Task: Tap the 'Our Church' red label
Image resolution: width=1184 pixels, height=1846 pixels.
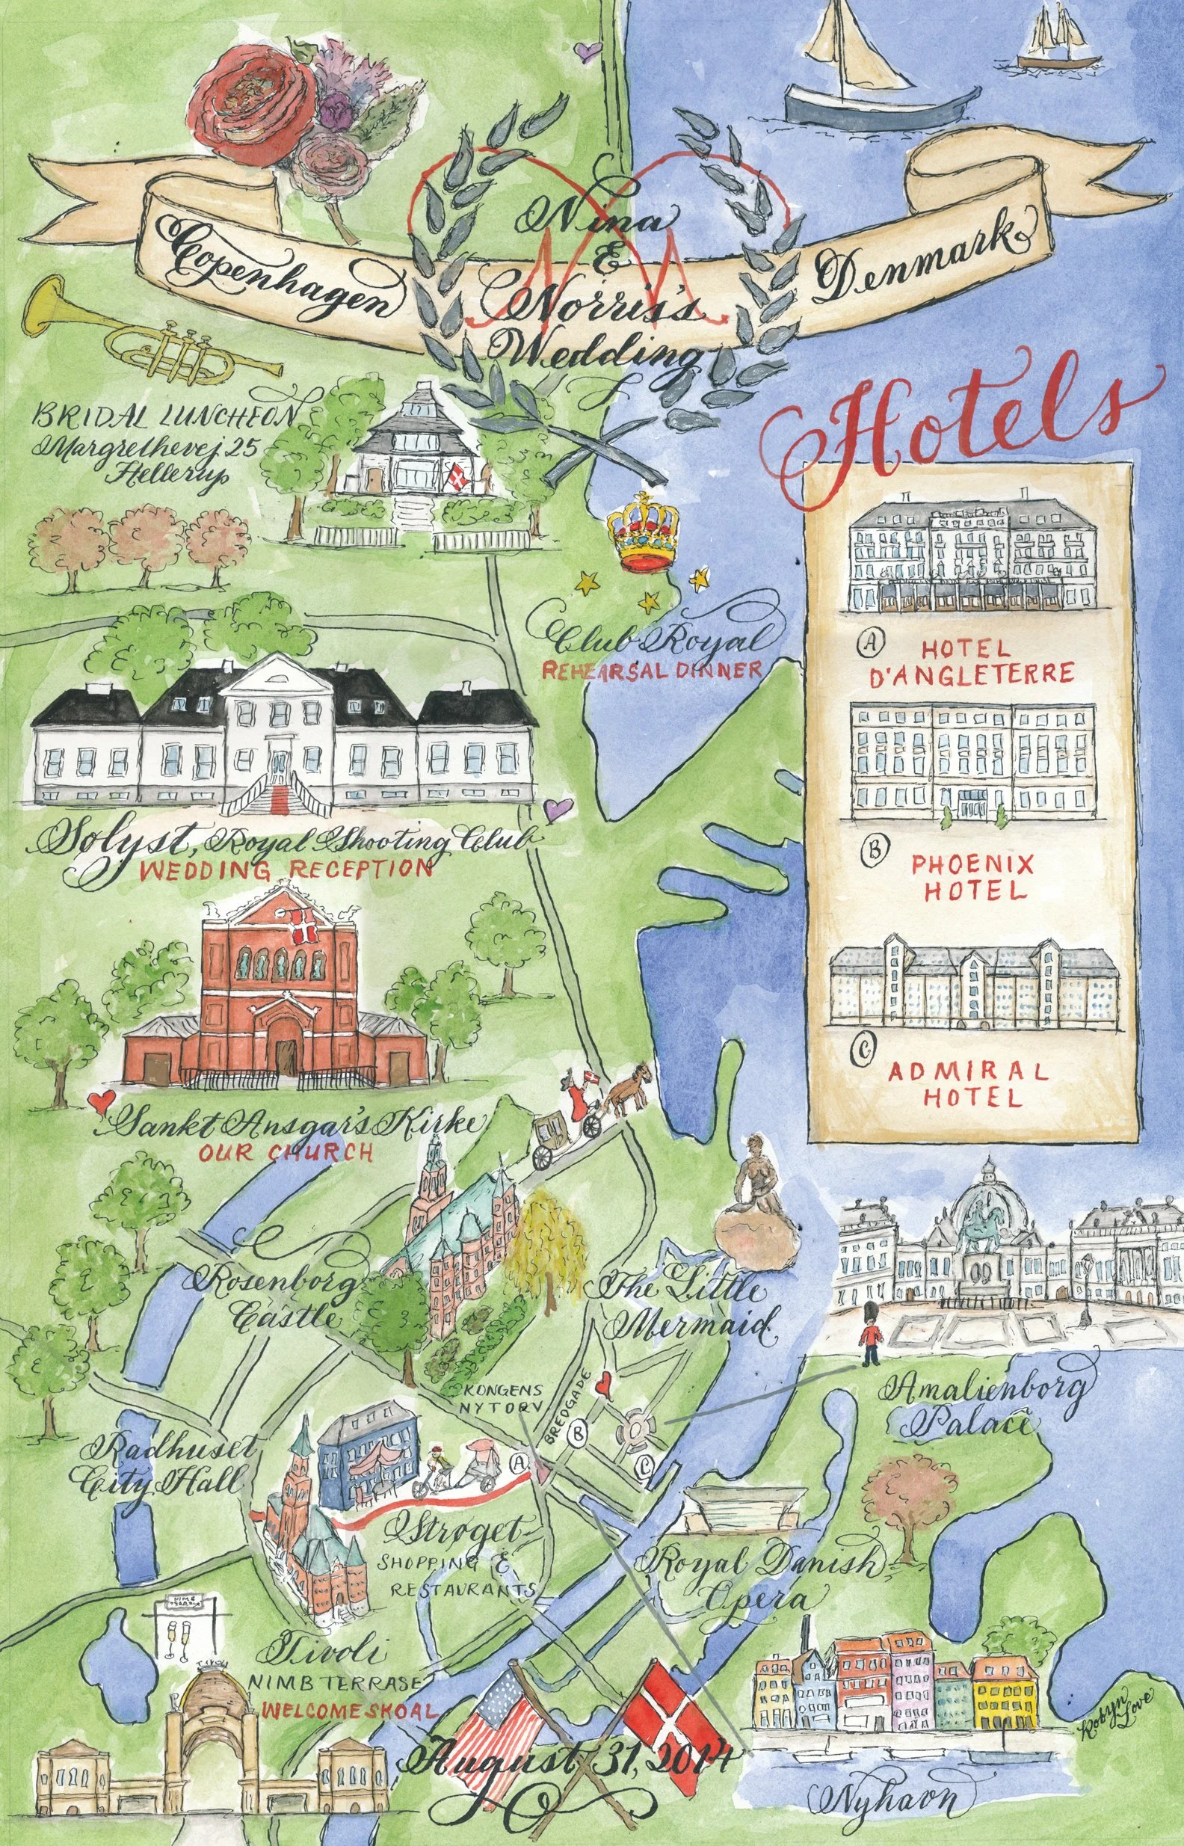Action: [x=286, y=1151]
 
